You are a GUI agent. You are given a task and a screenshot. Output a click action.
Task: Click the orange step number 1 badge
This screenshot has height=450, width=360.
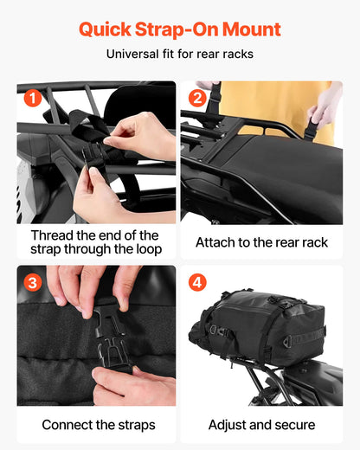[x=32, y=98]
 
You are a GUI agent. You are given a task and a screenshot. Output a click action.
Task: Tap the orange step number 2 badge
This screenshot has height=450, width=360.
[x=196, y=98]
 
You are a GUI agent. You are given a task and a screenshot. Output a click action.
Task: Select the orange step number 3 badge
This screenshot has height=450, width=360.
[x=32, y=281]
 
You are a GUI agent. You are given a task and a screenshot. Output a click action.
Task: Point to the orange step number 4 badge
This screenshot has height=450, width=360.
[x=196, y=281]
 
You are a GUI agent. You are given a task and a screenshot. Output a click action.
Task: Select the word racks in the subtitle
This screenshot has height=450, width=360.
[x=236, y=55]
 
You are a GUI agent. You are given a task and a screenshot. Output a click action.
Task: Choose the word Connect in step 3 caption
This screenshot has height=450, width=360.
[x=69, y=426]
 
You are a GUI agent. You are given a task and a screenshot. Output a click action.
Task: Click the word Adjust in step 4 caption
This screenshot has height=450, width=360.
[x=228, y=426]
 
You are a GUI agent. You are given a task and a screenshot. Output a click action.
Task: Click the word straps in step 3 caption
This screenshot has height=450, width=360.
[x=130, y=426]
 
